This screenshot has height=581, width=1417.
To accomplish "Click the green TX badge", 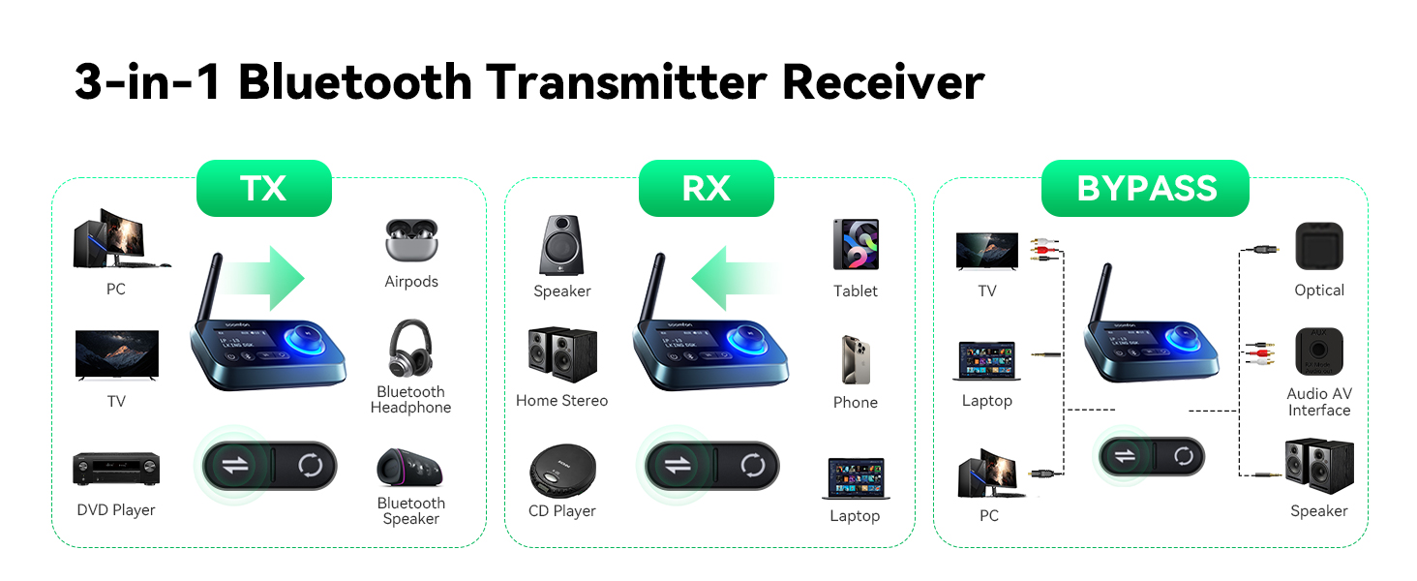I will tap(263, 188).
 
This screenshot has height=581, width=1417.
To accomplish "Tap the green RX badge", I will tap(706, 188).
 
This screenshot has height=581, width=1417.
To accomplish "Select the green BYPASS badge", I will tap(1145, 188).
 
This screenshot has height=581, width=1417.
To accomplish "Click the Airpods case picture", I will tap(411, 241).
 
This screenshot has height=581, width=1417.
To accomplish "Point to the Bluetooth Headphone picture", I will tap(410, 350).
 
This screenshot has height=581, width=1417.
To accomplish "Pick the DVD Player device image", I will tap(116, 470).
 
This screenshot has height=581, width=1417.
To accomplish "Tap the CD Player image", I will tap(562, 470).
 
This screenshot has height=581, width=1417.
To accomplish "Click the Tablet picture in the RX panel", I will tap(856, 244).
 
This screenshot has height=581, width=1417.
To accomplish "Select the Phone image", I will tap(856, 359).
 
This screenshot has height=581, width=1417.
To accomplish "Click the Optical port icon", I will tap(1319, 246).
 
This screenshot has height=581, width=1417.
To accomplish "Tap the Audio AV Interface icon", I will tap(1319, 352).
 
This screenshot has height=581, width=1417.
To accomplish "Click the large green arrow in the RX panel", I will tap(736, 278).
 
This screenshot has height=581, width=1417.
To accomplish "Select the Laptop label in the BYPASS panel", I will tap(986, 401).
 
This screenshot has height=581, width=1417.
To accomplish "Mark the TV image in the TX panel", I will tap(116, 354).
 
